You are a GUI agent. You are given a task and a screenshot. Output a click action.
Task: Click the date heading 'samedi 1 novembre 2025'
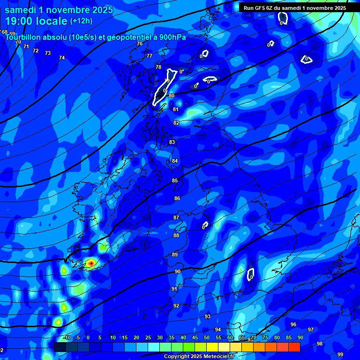tap(59, 9)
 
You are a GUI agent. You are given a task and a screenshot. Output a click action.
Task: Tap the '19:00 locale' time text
tap(37, 21)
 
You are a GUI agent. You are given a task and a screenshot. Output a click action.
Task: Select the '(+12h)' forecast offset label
tap(81, 21)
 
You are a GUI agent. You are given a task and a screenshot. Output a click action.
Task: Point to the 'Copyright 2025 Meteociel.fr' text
tap(199, 356)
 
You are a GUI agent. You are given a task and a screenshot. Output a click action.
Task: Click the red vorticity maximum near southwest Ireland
tap(91, 263)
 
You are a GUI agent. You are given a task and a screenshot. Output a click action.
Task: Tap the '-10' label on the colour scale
tap(67, 337)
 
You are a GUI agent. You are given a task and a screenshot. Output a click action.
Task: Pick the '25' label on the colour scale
tap(148, 337)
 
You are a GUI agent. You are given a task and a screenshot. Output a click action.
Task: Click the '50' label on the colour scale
tap(207, 337)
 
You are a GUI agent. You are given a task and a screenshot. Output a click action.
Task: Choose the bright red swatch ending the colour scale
tap(294, 347)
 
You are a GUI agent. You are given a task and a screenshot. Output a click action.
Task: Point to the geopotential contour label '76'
tap(139, 44)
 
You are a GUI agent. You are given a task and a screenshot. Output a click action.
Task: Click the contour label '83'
tap(172, 142)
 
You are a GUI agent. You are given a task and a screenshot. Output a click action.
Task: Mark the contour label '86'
tap(177, 198)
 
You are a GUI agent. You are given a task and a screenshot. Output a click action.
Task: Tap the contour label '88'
tap(176, 235)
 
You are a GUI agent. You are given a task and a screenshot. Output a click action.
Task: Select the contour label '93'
tap(208, 316)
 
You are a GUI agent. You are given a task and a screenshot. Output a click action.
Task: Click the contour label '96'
tap(293, 324)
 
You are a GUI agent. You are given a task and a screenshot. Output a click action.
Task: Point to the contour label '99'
tap(340, 354)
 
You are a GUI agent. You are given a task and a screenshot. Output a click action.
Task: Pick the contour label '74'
tap(62, 58)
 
